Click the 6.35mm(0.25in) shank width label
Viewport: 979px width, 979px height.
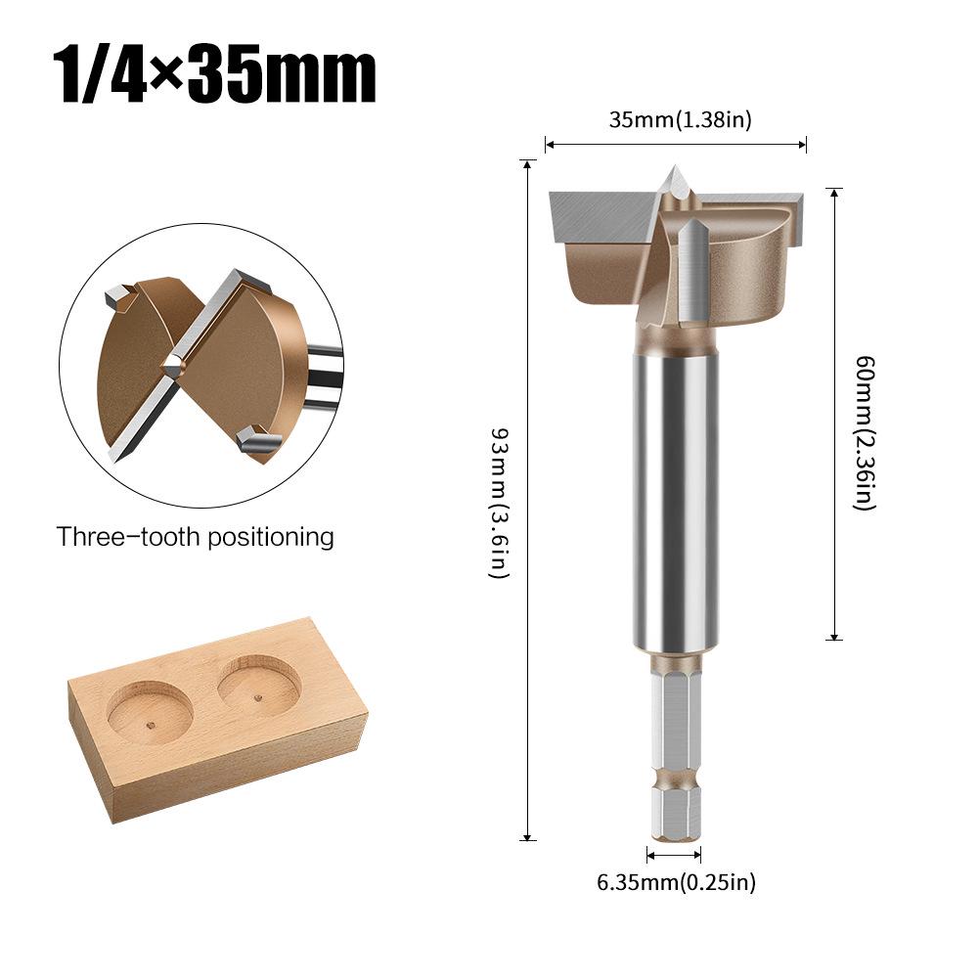click(677, 882)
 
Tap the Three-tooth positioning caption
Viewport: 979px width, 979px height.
click(195, 537)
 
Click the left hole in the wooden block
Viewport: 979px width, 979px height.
click(150, 712)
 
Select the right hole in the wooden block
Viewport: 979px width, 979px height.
click(258, 686)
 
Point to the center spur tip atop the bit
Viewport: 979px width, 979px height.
click(675, 178)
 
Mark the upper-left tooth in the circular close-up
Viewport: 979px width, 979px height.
click(116, 293)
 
